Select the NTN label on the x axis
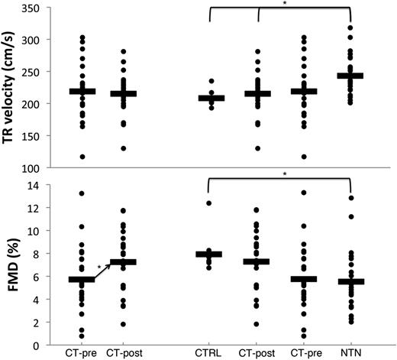tap(350, 354)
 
